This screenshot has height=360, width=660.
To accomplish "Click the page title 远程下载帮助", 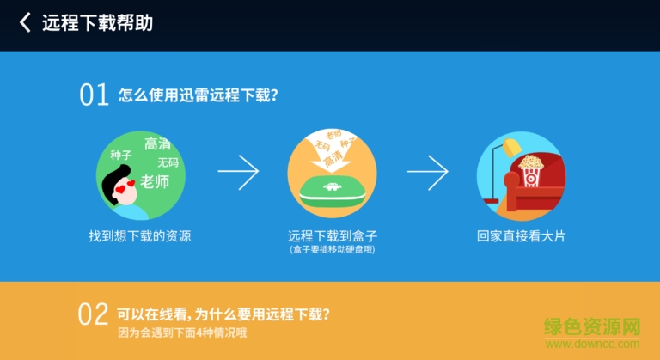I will coord(97,23).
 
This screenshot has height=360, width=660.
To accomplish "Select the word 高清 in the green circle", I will coord(157,143).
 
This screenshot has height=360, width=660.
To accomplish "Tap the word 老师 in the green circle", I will coord(155,181).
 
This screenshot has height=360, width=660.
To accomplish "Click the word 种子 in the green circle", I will coord(120,156).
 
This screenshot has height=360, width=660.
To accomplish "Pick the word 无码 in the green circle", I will coord(168,162).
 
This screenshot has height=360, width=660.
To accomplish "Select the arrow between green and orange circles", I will coord(238,172).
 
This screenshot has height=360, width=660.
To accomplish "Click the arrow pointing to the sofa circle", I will coord(427,172).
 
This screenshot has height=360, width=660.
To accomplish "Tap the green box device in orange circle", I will coord(331,194).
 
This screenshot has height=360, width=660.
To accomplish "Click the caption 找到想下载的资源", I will coord(139,235).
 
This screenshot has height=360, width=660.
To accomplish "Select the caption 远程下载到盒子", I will coord(332,235).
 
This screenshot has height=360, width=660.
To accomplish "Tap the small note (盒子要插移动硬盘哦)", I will coord(332,249).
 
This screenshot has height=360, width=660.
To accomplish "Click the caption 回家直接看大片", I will coord(522,235).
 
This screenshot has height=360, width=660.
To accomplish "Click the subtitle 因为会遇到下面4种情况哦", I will coord(182,332).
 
